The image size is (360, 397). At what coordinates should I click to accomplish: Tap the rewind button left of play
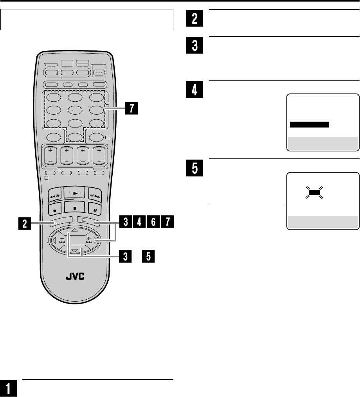click(x=54, y=193)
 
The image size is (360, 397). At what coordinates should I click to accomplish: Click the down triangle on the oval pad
click(x=74, y=250)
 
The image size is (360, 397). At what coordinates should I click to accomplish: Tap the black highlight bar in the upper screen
click(x=309, y=125)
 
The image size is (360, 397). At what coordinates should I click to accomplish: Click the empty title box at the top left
click(x=87, y=20)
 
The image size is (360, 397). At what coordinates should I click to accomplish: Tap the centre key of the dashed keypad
click(x=74, y=110)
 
